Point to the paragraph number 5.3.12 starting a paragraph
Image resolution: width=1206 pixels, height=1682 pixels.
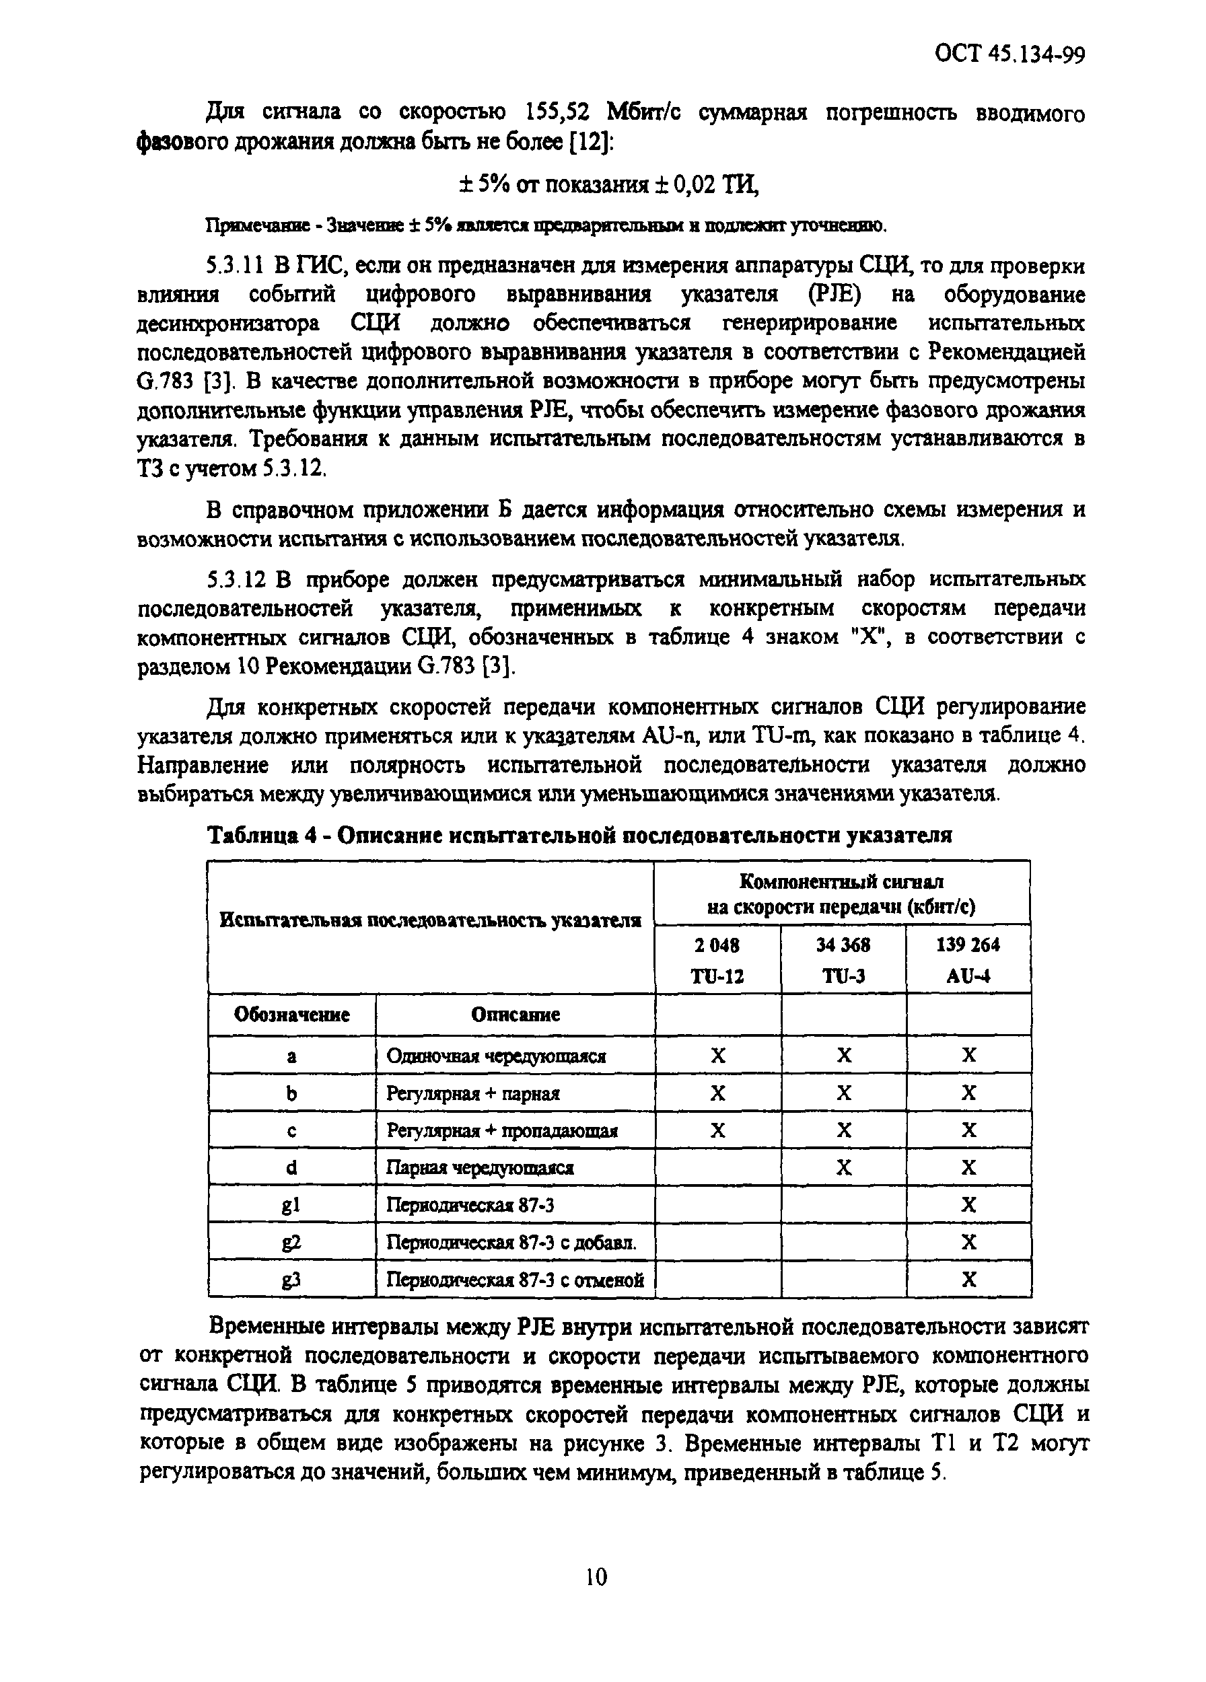coord(238,579)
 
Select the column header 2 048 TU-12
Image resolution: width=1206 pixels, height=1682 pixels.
coord(717,959)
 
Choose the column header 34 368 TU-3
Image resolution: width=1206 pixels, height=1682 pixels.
coord(843,959)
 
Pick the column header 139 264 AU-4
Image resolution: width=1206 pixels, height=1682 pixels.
coord(968,959)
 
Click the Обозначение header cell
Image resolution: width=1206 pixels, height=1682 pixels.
coord(291,1015)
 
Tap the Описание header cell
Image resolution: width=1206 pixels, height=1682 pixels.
coord(515,1015)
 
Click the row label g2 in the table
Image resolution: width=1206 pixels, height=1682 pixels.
coord(291,1242)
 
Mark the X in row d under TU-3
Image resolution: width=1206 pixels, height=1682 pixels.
coord(844,1168)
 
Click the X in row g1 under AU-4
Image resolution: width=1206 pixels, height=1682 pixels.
coord(968,1205)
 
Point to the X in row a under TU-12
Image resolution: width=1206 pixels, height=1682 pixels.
coord(718,1056)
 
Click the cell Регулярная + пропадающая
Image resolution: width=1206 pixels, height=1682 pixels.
coord(502,1131)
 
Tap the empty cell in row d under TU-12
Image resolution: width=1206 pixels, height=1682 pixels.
coord(718,1168)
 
